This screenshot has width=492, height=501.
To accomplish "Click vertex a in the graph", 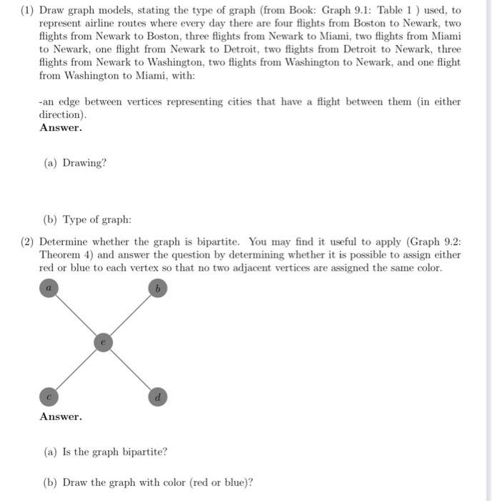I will (x=49, y=288).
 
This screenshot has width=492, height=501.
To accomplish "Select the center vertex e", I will (x=103, y=343).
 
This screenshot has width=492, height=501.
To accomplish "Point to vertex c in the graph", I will (x=49, y=396).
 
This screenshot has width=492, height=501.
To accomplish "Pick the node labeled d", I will (x=157, y=397).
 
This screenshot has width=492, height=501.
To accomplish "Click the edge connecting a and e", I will (x=76, y=315).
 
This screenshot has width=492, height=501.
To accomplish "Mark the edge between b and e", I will (x=130, y=315).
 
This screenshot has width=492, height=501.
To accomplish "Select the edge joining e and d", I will (x=130, y=370).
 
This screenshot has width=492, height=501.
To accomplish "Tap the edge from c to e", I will (x=76, y=370).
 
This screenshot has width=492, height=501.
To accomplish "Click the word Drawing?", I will (x=84, y=162).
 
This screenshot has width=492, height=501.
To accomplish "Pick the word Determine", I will (x=64, y=242).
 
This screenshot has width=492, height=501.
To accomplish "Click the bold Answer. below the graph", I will (x=61, y=417).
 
